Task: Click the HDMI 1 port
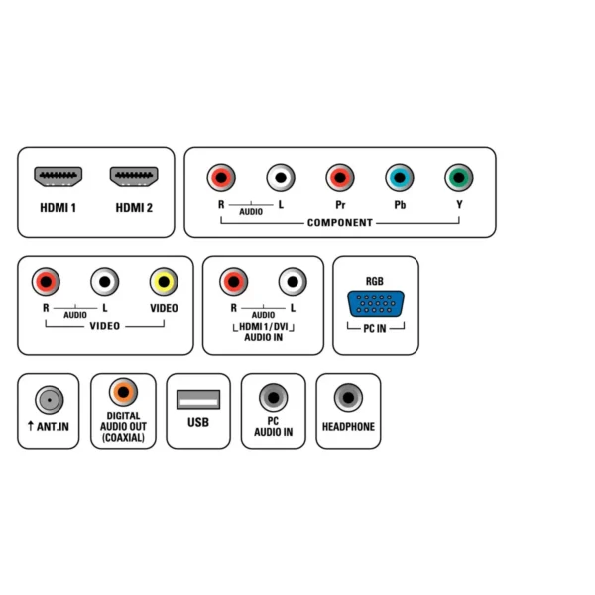59,177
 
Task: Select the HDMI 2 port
134,177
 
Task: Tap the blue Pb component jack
400,178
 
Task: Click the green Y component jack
459,178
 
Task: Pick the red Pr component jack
340,178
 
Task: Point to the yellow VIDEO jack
164,282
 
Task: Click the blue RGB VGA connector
376,303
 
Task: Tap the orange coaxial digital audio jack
123,392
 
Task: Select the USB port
198,400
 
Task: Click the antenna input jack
50,400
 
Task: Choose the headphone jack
348,398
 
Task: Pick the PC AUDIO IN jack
274,398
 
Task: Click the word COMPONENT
340,223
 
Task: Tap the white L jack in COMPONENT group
281,178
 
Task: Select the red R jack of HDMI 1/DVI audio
234,282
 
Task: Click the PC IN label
375,328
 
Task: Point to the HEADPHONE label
348,427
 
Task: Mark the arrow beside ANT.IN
31,426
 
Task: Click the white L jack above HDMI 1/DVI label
293,282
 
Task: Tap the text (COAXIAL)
123,438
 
